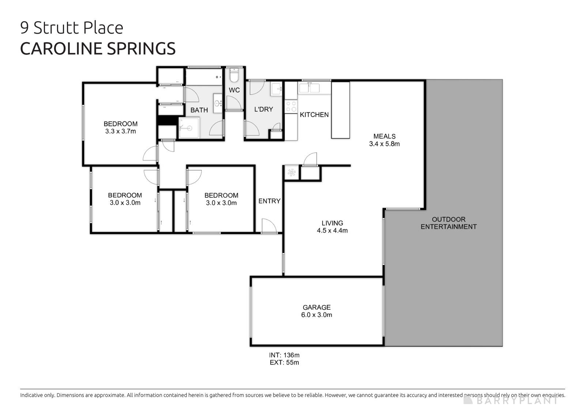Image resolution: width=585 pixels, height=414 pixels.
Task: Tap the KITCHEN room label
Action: coord(314,115)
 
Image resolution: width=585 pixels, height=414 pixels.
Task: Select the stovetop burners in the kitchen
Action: coord(291,107)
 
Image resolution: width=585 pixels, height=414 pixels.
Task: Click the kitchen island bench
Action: coord(340,110)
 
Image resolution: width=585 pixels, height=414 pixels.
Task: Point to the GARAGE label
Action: coord(317,307)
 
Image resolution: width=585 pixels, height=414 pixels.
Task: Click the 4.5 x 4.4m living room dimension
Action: coord(332,231)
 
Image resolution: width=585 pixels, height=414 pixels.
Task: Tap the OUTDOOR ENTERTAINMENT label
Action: coord(449,223)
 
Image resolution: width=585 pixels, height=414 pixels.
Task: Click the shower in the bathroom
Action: coord(189,128)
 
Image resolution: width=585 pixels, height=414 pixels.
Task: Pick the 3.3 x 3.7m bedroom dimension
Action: coord(120,131)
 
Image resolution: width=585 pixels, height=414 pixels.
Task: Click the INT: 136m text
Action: coord(284,355)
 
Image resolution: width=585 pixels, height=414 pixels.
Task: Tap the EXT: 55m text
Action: coord(284,362)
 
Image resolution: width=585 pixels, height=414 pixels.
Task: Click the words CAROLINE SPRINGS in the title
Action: coord(98,49)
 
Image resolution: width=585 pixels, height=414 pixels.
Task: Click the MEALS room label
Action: coord(384,136)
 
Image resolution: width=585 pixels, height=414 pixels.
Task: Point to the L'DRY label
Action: coord(264,109)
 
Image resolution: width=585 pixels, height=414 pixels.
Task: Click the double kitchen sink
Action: coord(309,88)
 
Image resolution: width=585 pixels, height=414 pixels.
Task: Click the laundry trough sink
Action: coord(276,89)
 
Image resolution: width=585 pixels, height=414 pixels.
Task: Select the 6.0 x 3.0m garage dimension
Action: coord(317,315)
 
